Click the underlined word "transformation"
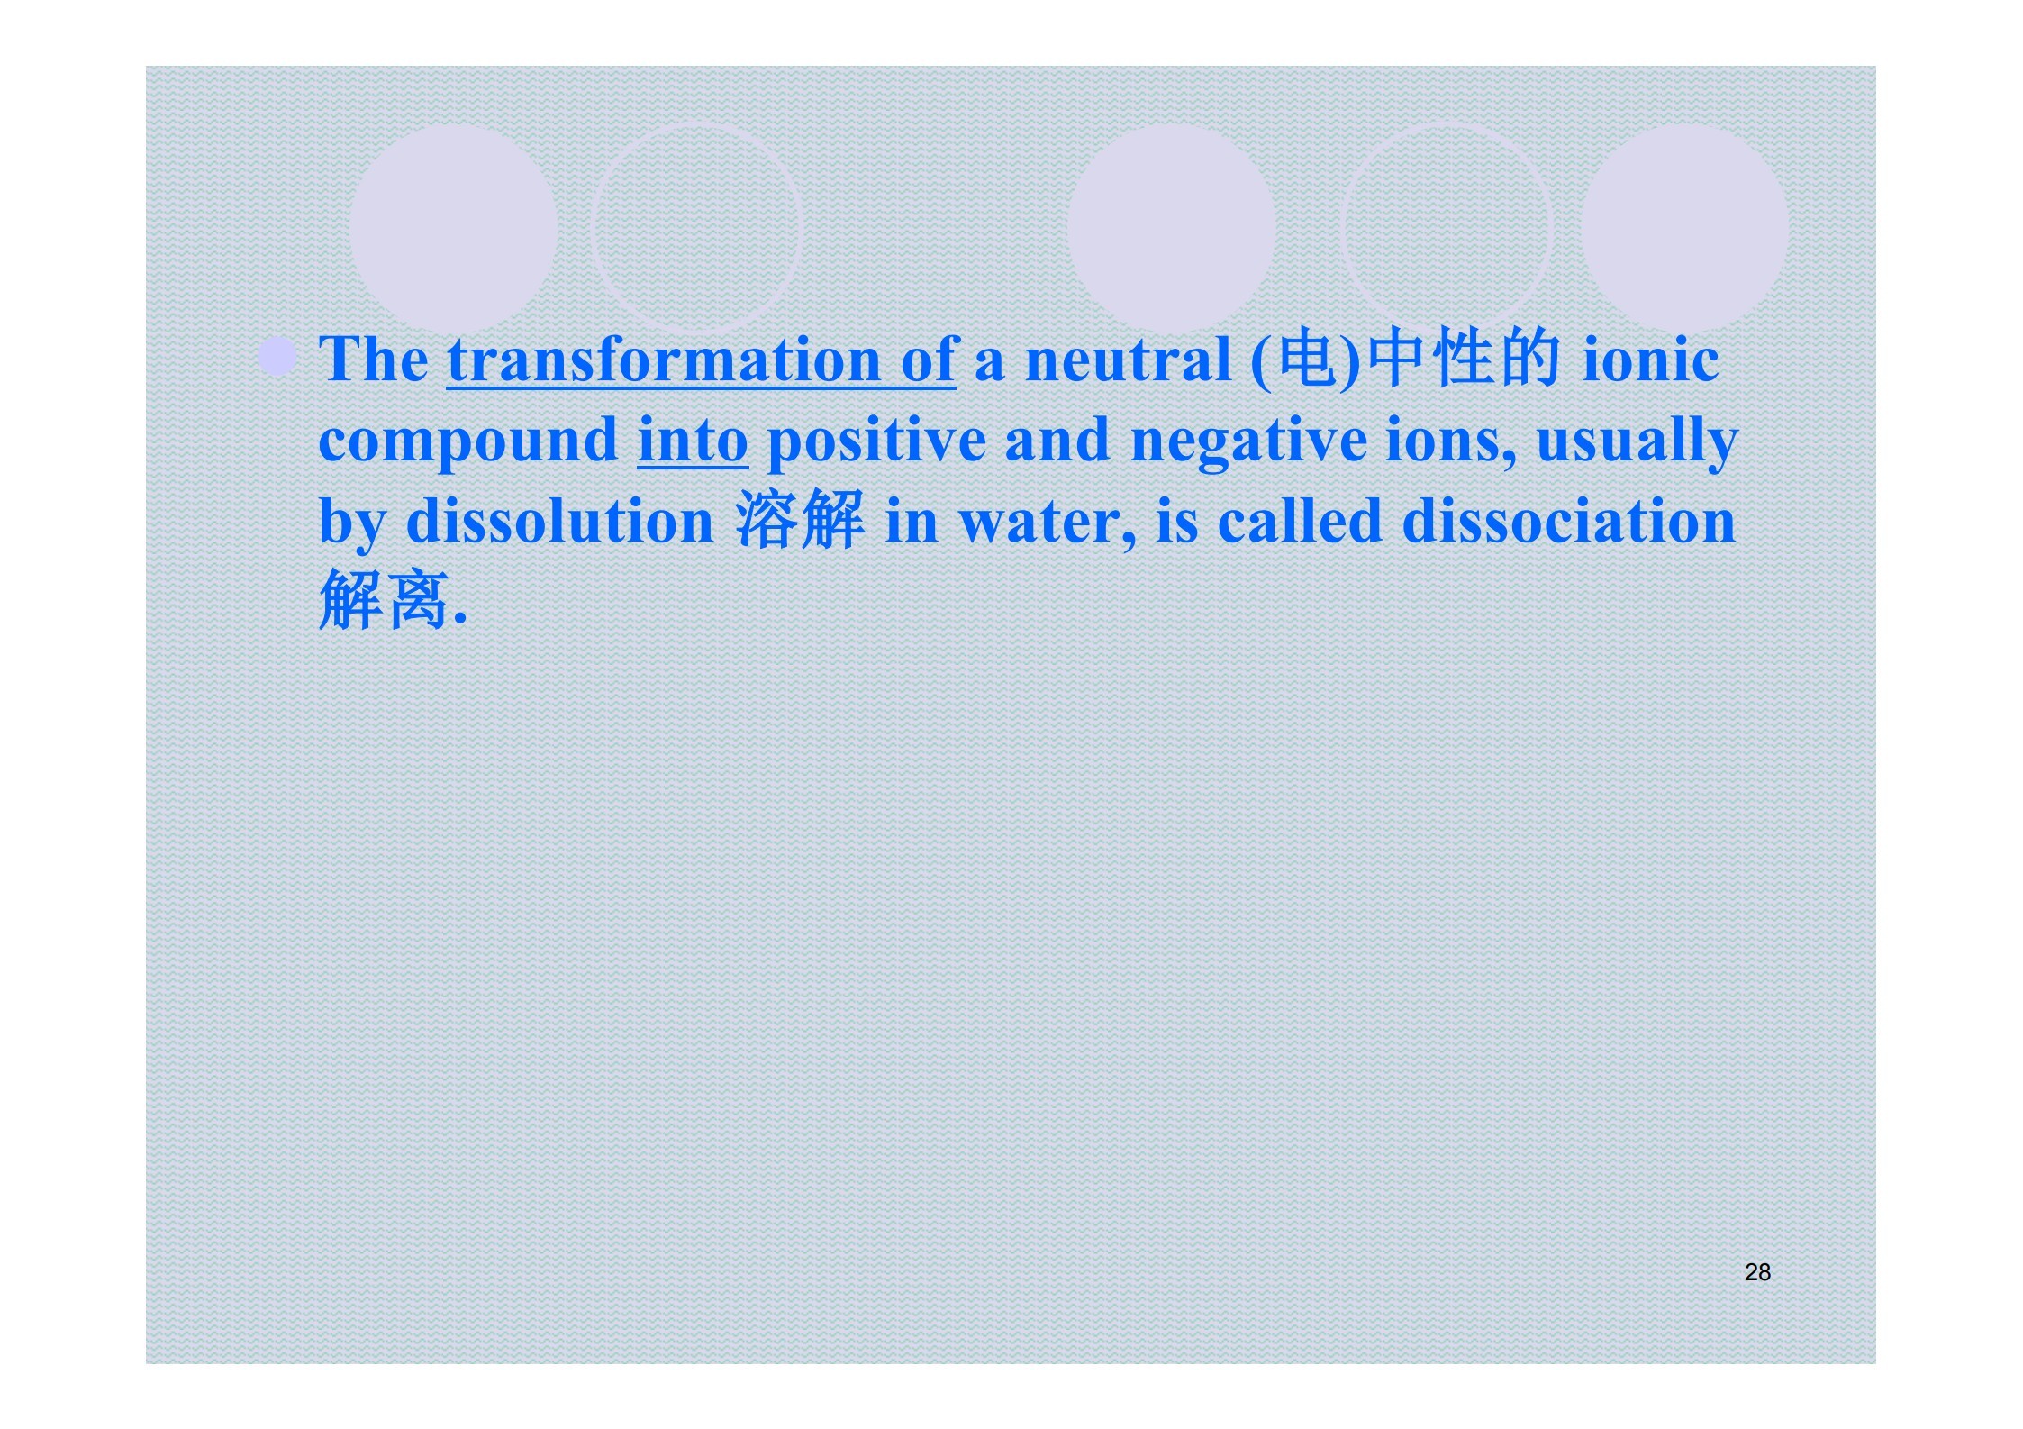pyautogui.click(x=664, y=360)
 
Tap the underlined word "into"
pyautogui.click(x=693, y=440)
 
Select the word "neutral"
pyautogui.click(x=1129, y=360)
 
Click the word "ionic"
pyautogui.click(x=1650, y=360)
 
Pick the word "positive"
pyautogui.click(x=876, y=441)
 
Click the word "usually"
pyautogui.click(x=1637, y=441)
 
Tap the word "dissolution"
pyautogui.click(x=559, y=521)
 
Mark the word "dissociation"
pyautogui.click(x=1568, y=521)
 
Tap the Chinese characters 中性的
pyautogui.click(x=1463, y=358)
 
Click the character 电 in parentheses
pyautogui.click(x=1306, y=358)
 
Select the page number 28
pyautogui.click(x=1757, y=1271)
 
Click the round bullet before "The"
pyautogui.click(x=277, y=356)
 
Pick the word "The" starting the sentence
pyautogui.click(x=374, y=360)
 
